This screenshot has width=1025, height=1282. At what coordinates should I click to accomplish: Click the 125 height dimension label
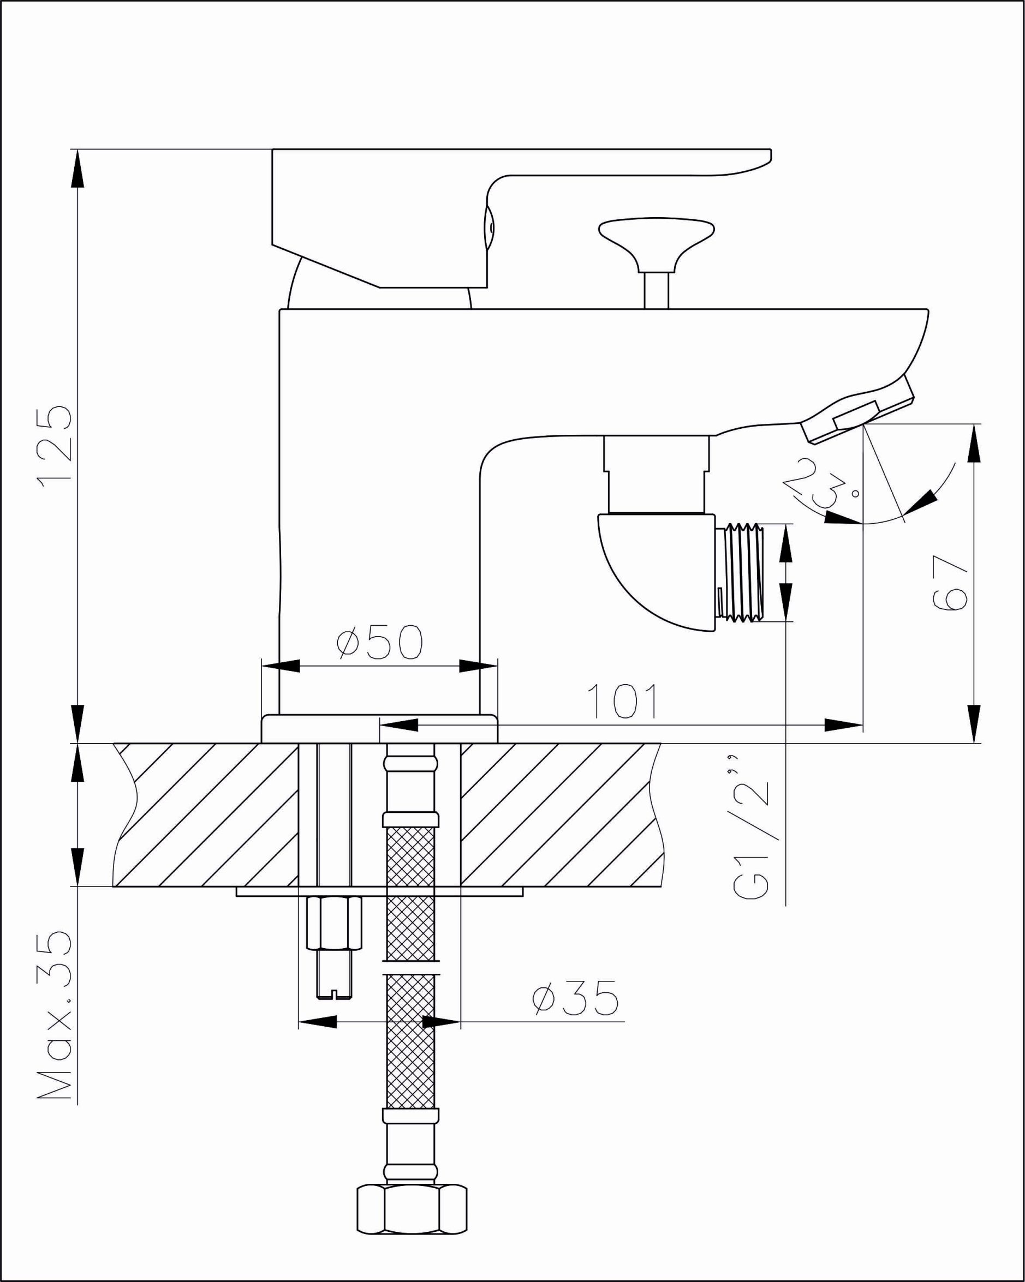54,446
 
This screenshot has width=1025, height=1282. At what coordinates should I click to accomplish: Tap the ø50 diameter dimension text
379,642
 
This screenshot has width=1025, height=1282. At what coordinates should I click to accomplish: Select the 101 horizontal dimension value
622,701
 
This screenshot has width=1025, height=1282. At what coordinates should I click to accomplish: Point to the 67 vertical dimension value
951,583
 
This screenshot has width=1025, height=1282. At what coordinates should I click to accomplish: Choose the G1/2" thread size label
752,835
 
